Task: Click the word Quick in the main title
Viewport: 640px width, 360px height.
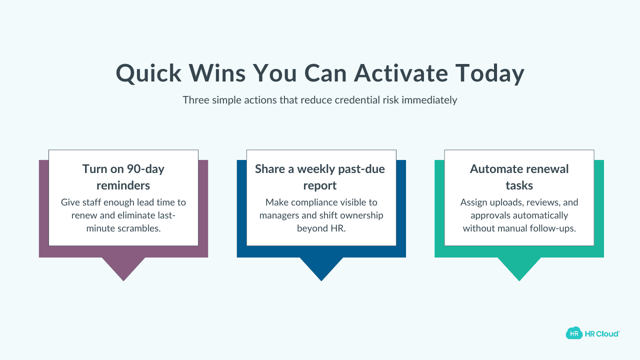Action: pos(148,73)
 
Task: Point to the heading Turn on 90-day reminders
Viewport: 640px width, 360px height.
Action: pos(123,177)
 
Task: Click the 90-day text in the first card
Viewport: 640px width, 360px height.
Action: pos(145,169)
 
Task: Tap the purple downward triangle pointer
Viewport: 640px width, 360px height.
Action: pos(123,267)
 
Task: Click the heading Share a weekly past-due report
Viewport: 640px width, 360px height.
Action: pos(320,177)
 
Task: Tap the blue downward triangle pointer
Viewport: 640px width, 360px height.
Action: pos(321,267)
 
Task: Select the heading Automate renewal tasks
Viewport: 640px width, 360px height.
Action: pos(519,177)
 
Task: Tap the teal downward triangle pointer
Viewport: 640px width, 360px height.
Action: pos(519,267)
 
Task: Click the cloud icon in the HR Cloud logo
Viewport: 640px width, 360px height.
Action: pos(574,333)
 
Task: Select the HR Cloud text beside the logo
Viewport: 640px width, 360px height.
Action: pos(601,333)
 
